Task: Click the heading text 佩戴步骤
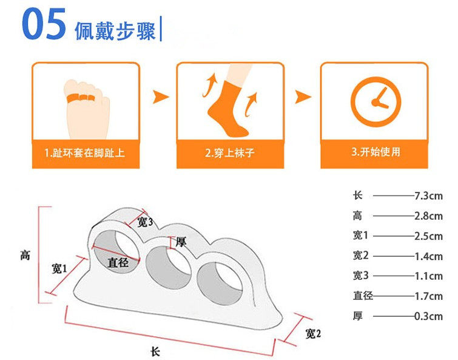pos(115,30)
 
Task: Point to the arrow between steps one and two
pos(160,97)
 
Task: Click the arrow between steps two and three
pos(303,97)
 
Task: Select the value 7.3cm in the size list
pos(428,196)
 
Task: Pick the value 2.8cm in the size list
pos(428,216)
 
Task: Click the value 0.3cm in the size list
pos(428,316)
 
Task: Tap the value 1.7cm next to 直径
pos(428,296)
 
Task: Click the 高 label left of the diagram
pos(25,256)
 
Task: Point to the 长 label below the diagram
pos(155,352)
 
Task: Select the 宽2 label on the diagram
pos(313,333)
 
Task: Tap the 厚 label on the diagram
pos(181,242)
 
